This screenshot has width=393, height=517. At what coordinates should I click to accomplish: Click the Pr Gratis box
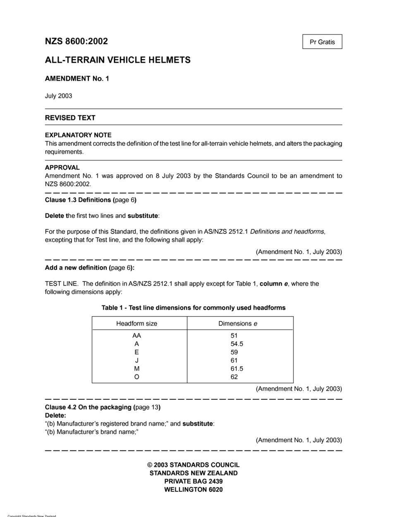322,42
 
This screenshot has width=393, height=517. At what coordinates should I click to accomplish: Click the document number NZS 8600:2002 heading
77,41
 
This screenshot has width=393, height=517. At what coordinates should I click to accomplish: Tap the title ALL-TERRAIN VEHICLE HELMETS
117,60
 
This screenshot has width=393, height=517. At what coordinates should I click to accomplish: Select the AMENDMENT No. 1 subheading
77,79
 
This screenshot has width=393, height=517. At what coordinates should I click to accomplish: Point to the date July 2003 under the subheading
58,96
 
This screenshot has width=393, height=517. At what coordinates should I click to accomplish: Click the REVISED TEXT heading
70,118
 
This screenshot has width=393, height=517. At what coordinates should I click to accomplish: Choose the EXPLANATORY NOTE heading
78,135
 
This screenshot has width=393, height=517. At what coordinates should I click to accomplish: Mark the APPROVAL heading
62,168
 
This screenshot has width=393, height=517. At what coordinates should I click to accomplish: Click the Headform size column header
137,324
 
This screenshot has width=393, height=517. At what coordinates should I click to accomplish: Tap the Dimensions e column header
237,324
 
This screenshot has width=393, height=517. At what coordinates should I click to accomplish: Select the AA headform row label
137,336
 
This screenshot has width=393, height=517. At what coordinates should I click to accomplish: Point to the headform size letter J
137,360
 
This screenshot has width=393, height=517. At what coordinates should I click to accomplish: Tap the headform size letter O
137,377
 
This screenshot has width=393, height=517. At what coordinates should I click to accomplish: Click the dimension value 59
234,352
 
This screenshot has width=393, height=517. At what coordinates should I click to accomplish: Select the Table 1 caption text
193,308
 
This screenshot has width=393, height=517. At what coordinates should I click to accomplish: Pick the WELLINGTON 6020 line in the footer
193,490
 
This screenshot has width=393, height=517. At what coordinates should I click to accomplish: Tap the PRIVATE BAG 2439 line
193,481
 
